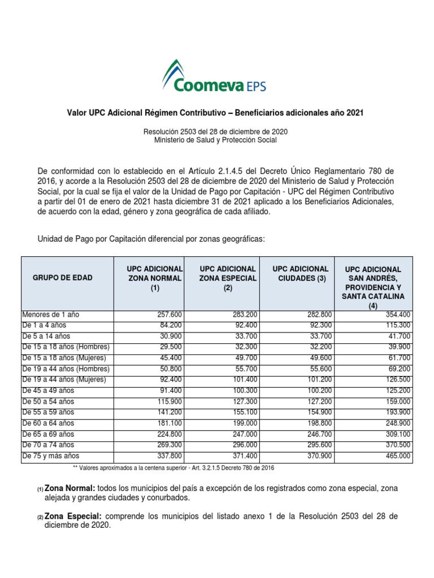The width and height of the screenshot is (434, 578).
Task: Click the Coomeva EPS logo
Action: tap(215, 77)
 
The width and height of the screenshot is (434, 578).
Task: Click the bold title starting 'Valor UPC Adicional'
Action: tap(216, 113)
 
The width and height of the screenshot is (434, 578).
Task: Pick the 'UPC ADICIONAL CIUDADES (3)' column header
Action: tap(300, 273)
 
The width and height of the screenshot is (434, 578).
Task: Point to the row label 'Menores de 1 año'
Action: tap(50, 314)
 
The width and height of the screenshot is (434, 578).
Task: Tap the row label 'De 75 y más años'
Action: tap(51, 456)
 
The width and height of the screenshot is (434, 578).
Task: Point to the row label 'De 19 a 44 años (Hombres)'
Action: tap(66, 369)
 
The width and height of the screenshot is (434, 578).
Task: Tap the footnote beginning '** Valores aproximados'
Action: tap(173, 468)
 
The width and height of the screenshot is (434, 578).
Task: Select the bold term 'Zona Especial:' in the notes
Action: tap(73, 516)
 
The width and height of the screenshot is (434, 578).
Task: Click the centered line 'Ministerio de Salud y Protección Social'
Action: tap(216, 140)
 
